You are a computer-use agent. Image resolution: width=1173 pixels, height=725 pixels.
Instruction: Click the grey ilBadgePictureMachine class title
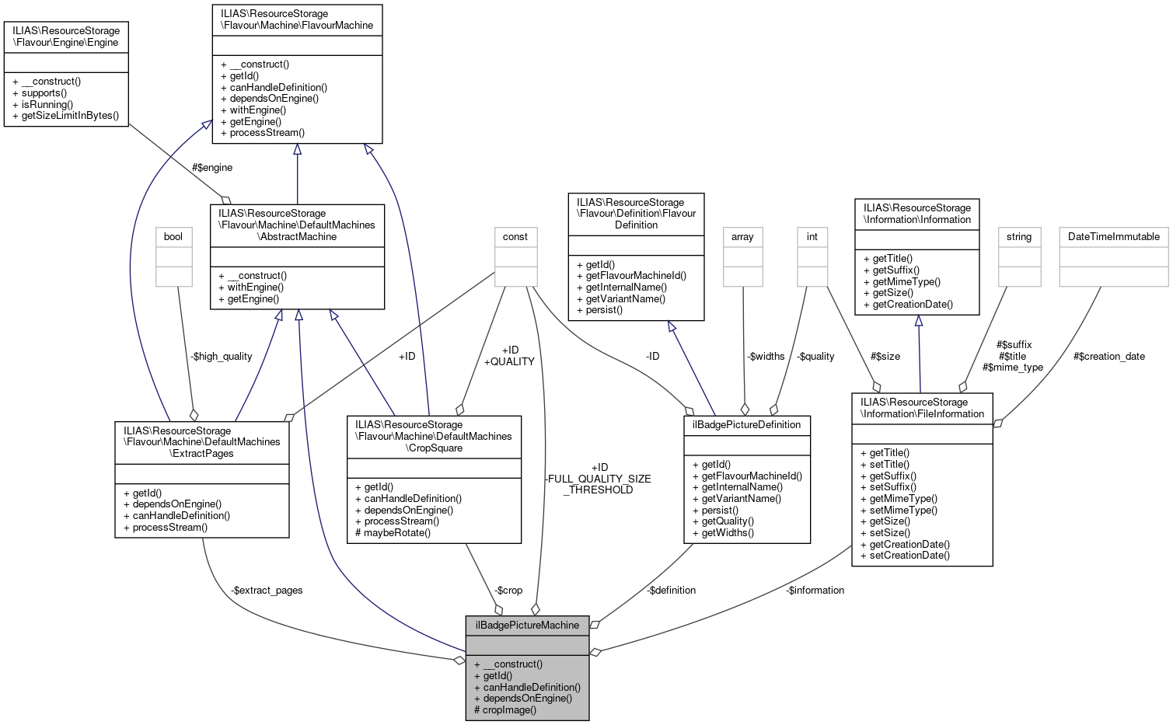(527, 625)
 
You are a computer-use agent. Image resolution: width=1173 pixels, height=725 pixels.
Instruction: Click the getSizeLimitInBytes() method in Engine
(70, 115)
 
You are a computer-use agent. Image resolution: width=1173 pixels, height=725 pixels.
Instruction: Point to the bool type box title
(173, 236)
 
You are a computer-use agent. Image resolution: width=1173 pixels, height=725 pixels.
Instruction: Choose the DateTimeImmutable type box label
(1113, 236)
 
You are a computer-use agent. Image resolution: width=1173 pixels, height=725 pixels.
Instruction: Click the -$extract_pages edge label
(267, 590)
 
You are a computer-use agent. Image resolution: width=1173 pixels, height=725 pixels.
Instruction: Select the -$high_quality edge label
(222, 356)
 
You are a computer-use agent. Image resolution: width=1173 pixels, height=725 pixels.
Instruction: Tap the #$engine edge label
(212, 167)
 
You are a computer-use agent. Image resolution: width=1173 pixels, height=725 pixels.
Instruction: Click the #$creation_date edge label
(1108, 356)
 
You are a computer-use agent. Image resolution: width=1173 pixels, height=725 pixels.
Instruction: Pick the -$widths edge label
(766, 356)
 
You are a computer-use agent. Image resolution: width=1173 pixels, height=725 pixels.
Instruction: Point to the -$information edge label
(815, 590)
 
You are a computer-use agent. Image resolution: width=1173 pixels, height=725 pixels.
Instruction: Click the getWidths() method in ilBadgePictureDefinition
(728, 532)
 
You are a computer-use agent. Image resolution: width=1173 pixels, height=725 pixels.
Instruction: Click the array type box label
(742, 236)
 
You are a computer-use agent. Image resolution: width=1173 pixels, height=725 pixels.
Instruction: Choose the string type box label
(1018, 236)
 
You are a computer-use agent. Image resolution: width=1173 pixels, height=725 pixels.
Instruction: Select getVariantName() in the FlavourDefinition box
(620, 298)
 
